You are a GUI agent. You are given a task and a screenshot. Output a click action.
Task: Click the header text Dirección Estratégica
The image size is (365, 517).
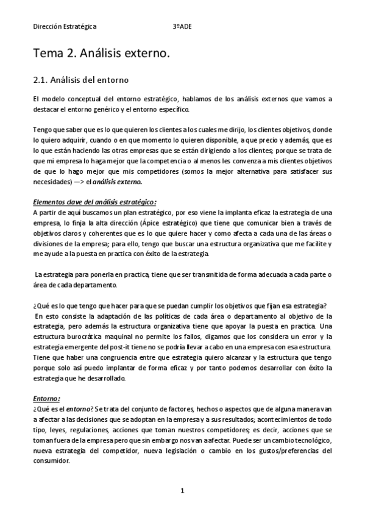(x=65, y=27)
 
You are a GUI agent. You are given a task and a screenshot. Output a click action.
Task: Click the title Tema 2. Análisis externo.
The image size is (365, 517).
(x=101, y=54)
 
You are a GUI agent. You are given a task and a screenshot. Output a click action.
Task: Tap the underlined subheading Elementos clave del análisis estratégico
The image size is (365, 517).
(x=94, y=202)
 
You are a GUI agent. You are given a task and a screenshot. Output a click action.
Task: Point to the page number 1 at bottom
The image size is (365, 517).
(x=182, y=490)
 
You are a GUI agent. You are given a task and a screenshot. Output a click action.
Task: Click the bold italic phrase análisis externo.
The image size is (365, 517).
(x=122, y=182)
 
